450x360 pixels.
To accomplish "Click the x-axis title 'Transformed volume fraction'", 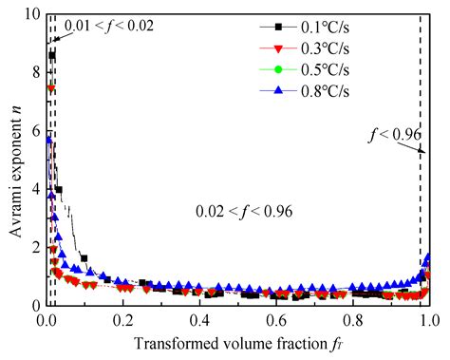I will click(x=237, y=345).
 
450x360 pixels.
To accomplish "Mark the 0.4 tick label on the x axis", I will click(x=199, y=321).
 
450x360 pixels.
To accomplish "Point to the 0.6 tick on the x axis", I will click(x=276, y=321).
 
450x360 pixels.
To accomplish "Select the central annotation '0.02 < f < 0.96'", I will click(x=241, y=210).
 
